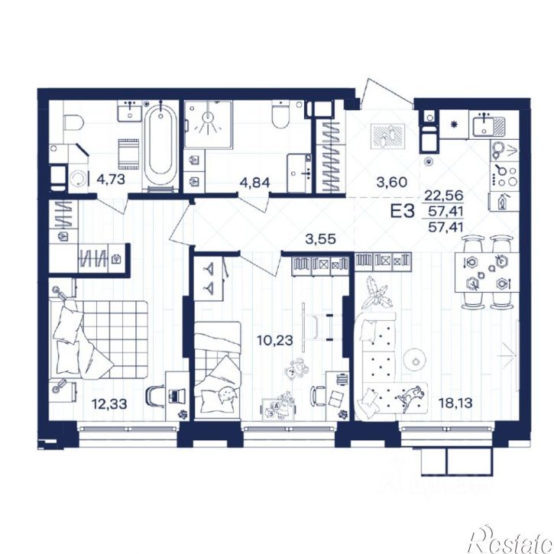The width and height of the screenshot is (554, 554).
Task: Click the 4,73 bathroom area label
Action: coord(111,180)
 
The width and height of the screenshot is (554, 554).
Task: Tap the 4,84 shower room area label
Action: coord(254,183)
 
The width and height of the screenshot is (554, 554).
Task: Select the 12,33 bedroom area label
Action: coord(109,403)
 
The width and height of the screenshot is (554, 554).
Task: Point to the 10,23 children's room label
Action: coord(275,340)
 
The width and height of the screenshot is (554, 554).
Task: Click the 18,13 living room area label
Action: coord(455,403)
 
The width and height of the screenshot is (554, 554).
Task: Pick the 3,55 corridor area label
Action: coord(320,239)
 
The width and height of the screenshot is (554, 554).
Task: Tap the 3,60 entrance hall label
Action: coord(392,183)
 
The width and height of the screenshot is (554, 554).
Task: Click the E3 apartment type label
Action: coord(402,212)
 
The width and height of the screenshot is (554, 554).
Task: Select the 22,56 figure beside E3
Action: coord(444,195)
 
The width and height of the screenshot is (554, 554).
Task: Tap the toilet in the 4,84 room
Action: coord(281,115)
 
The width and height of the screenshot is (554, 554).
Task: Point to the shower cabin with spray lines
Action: coord(209,124)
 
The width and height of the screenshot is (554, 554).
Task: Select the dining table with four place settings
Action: coord(487,272)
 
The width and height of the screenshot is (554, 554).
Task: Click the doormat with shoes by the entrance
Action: coord(387,136)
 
